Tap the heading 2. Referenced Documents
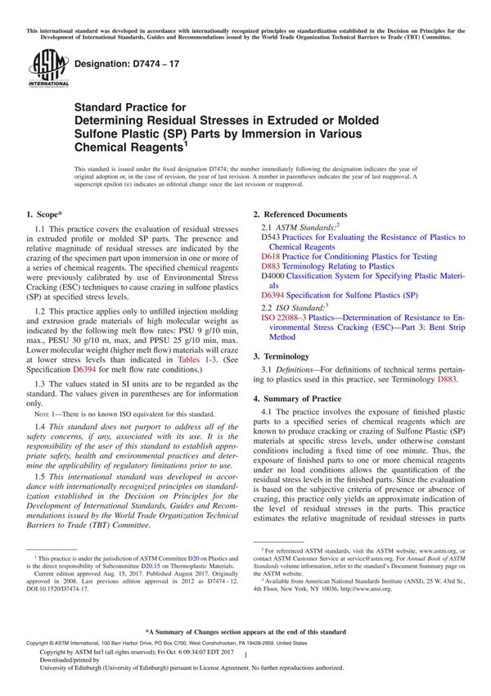(300, 214)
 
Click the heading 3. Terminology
(281, 356)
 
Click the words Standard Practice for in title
(130, 106)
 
